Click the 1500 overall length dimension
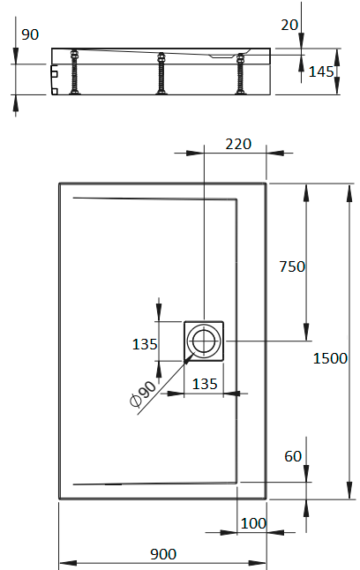pos(331,358)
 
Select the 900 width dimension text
pos(163,553)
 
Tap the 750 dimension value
pos(291,266)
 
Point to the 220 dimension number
pos(239,144)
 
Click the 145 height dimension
pos(321,71)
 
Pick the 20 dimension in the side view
pos(289,26)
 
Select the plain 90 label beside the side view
pos(29,34)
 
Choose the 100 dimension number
pos(253,523)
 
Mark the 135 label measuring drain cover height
pos(145,344)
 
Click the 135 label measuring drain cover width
pos(204,383)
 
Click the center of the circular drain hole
pos(205,341)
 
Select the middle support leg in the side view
pos(161,72)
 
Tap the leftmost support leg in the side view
pos(74,72)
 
